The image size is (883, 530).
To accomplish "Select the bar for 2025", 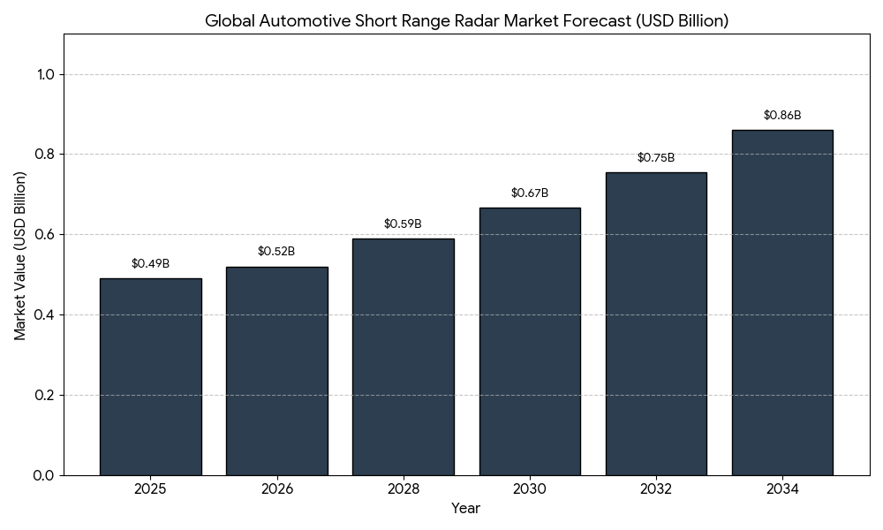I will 150,377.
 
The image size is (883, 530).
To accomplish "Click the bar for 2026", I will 276,371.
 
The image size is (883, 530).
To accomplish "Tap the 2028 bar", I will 403,357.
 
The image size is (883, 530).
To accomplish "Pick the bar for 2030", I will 530,342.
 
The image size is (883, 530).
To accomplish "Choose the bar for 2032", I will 656,324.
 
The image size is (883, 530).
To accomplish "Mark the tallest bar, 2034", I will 782,303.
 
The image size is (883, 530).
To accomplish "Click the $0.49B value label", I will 150,264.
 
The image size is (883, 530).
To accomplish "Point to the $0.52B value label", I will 276,252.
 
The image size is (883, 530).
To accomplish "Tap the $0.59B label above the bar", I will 403,224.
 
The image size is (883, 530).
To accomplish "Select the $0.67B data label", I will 530,193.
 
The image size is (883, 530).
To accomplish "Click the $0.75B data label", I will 656,158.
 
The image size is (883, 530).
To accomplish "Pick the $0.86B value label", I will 782,116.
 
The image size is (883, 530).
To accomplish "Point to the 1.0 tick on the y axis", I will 46,75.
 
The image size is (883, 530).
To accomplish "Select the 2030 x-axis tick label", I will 530,489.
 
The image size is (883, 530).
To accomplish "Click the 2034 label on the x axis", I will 782,489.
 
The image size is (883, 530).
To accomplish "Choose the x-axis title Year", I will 466,509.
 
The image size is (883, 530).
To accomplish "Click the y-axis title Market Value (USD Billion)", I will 20,255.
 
